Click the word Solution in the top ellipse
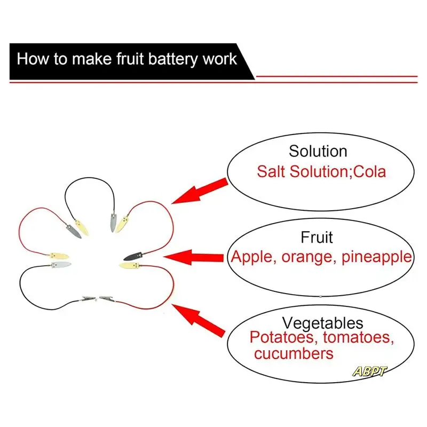point(318,151)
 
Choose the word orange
point(306,257)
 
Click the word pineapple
point(376,257)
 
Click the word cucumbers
point(294,353)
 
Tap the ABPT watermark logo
point(369,371)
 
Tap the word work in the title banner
point(219,59)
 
